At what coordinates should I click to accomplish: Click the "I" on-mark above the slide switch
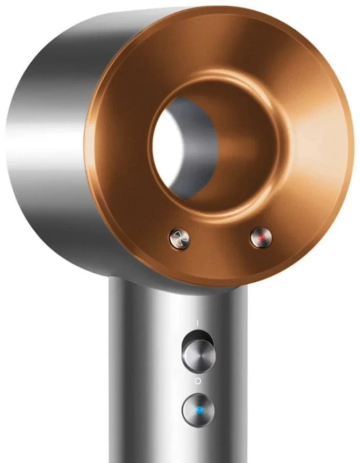197,322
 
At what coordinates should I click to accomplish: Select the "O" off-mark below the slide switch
198,381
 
